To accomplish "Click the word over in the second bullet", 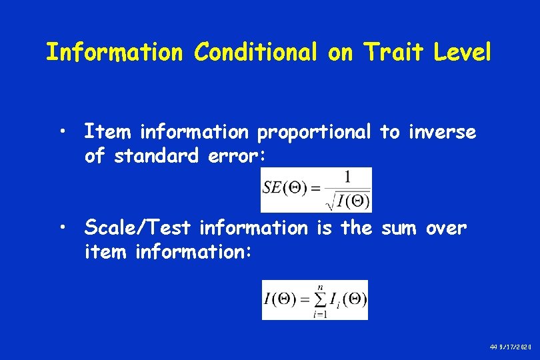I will pyautogui.click(x=446, y=228).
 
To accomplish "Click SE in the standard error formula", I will pyautogui.click(x=272, y=187).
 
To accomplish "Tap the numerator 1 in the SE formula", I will pyautogui.click(x=346, y=177).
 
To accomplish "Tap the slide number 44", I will pyautogui.click(x=493, y=348).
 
